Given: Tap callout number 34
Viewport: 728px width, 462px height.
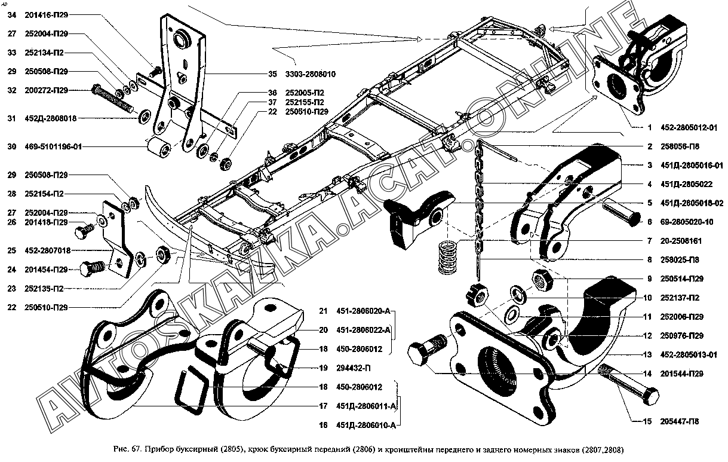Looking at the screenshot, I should [11, 16].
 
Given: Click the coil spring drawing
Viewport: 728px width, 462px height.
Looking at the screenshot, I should [449, 256].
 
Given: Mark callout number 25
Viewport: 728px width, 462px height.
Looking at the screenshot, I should [11, 250].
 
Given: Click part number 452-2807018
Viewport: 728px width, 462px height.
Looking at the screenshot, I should [47, 250].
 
